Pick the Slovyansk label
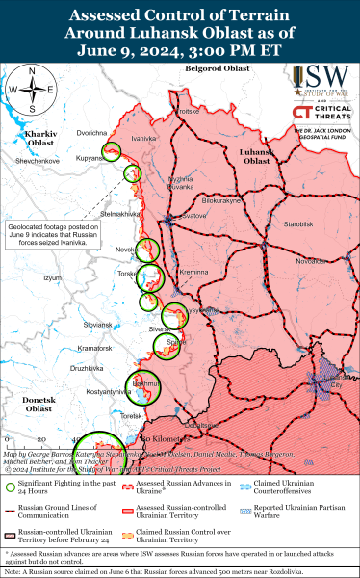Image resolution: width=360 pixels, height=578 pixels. [98, 326]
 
